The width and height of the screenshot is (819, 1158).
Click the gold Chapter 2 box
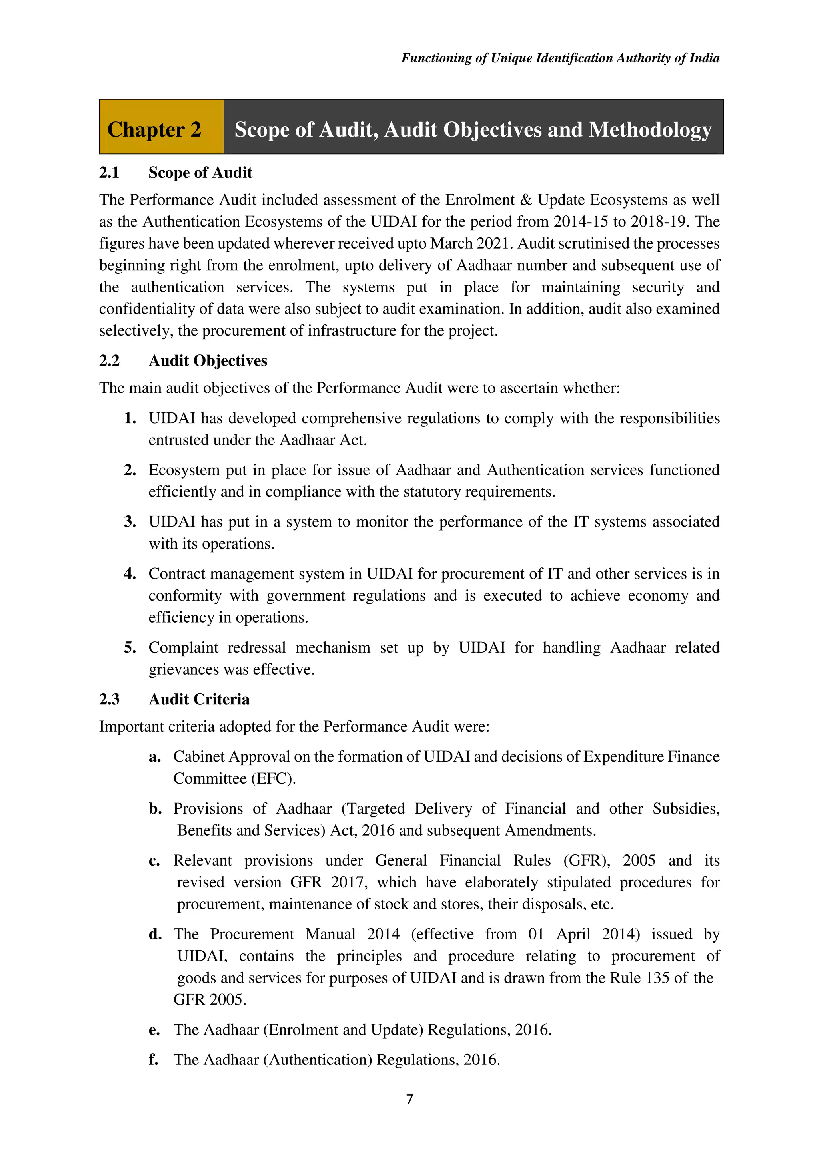[x=161, y=127]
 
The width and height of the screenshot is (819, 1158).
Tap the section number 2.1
[x=109, y=173]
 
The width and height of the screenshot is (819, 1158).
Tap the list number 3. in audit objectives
[x=130, y=521]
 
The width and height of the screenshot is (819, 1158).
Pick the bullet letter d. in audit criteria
[x=155, y=934]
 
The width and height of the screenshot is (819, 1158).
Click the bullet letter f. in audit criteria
[x=153, y=1059]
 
